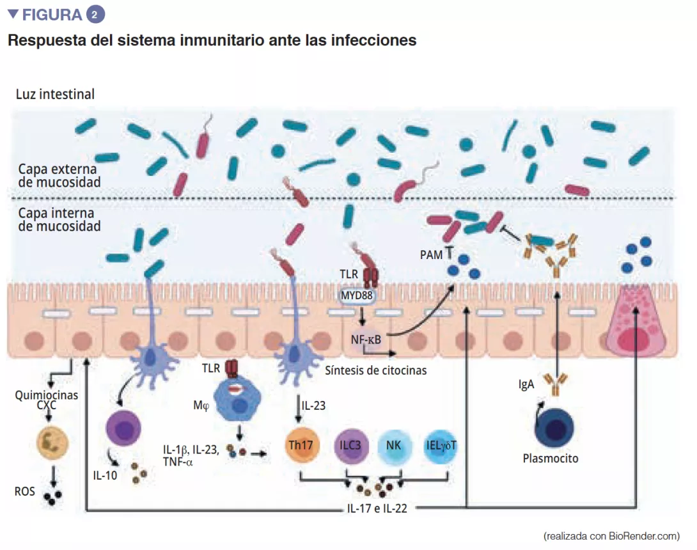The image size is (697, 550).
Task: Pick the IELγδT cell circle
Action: [x=441, y=446]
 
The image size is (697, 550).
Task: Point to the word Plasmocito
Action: [x=551, y=459]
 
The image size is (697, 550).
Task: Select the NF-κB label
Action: [x=366, y=339]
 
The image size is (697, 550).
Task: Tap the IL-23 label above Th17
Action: [x=313, y=405]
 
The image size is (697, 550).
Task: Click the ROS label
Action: [x=25, y=492]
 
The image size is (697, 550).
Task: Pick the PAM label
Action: [x=431, y=255]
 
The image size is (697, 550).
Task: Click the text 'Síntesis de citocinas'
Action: [x=375, y=370]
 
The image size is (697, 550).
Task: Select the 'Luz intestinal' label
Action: [x=56, y=95]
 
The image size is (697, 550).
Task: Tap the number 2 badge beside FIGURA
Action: [x=95, y=14]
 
